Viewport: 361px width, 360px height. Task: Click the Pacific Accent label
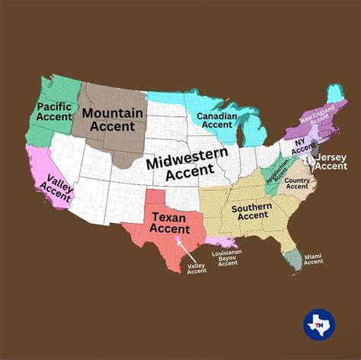[x=54, y=112]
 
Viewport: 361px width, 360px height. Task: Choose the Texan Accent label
[x=170, y=223]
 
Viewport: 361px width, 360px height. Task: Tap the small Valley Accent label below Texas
[x=196, y=267]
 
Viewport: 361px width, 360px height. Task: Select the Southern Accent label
[x=251, y=212]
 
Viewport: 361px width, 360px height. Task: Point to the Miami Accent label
[x=314, y=260]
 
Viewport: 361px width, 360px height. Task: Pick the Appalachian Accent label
[x=277, y=170]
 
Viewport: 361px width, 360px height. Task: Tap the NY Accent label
[x=303, y=145]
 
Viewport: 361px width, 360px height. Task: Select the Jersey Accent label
[x=331, y=161]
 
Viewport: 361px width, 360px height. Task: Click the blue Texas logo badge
[x=319, y=324]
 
